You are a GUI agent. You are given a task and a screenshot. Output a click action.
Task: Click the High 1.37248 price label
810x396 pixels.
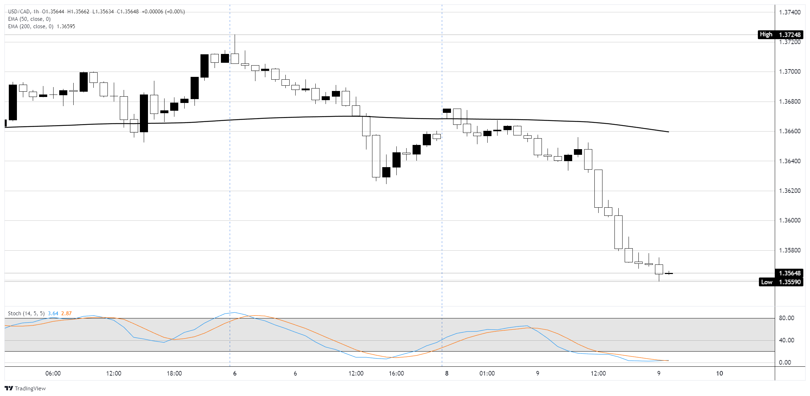[x=780, y=35]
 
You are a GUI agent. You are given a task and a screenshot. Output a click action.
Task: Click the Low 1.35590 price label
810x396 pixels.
[x=781, y=282]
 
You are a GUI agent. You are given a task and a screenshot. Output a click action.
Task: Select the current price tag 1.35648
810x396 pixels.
[x=789, y=273]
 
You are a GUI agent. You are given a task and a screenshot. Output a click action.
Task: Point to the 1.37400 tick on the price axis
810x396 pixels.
[x=790, y=12]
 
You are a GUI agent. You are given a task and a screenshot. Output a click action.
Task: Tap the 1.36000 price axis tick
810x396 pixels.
[x=790, y=220]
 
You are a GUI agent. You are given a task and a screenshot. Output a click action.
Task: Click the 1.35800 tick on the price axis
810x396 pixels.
[x=790, y=250]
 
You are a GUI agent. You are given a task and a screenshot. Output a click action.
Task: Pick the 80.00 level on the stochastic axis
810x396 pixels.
[x=786, y=318]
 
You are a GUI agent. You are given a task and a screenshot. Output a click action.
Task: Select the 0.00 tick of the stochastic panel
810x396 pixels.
[x=785, y=363]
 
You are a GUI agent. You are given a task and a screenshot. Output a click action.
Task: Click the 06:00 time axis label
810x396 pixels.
[x=53, y=373]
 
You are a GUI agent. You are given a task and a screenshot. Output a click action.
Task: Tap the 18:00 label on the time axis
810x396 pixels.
[x=174, y=373]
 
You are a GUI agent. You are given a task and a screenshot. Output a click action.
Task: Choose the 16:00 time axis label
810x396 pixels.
[x=396, y=373]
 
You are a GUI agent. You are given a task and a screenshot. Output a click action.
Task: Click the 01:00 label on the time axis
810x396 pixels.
[x=487, y=373]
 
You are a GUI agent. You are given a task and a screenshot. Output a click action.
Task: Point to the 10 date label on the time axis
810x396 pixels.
[x=719, y=373]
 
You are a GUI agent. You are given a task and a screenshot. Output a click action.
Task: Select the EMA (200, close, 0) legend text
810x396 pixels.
[x=31, y=26]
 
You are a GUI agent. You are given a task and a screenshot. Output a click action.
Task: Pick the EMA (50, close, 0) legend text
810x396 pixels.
[x=29, y=19]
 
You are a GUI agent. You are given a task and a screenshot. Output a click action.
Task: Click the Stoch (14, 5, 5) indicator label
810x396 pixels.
[x=26, y=313]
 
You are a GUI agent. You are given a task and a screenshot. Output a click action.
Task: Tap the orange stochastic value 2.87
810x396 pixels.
[x=66, y=313]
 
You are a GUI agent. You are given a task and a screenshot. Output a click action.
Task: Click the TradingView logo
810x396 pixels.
[x=25, y=388]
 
